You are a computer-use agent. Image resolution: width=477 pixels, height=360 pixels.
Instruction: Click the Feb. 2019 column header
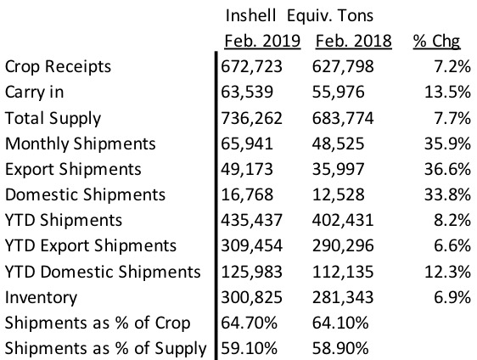point(262,41)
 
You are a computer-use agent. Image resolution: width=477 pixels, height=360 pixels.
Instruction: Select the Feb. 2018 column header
point(353,41)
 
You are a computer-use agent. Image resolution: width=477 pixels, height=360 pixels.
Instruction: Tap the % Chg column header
point(436,42)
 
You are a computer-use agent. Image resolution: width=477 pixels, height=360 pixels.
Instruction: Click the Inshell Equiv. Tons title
point(300,16)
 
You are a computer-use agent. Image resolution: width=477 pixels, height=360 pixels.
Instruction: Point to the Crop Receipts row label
point(58,67)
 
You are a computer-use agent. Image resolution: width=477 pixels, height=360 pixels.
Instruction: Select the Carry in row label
point(35,93)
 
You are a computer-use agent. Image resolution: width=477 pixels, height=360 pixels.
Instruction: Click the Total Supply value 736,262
point(251,118)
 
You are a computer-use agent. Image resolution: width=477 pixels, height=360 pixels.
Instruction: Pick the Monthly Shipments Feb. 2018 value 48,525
point(339,144)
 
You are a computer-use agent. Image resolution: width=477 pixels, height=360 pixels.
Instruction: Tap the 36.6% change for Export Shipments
point(447,169)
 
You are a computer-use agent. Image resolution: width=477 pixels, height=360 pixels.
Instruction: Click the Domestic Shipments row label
point(85,194)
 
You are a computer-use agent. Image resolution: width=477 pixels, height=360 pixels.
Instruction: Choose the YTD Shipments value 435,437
point(251,220)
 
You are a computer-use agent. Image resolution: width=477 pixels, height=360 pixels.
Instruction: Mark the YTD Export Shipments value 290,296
point(343,246)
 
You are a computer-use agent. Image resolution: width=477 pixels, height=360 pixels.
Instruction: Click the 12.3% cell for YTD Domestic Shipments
point(447,272)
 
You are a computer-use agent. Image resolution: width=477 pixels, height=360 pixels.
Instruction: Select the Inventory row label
point(41,298)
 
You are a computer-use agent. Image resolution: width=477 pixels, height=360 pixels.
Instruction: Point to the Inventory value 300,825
point(251,297)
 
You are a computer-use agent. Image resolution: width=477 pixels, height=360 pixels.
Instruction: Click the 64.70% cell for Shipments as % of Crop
point(250,323)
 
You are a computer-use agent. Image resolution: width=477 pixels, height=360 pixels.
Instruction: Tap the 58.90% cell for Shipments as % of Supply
point(340,348)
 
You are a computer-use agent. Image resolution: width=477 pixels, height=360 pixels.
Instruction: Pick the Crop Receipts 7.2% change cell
point(452,66)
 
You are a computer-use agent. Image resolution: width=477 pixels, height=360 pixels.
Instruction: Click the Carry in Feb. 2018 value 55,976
point(339,93)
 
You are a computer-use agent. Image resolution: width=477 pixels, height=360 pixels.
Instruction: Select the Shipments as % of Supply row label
point(106,349)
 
